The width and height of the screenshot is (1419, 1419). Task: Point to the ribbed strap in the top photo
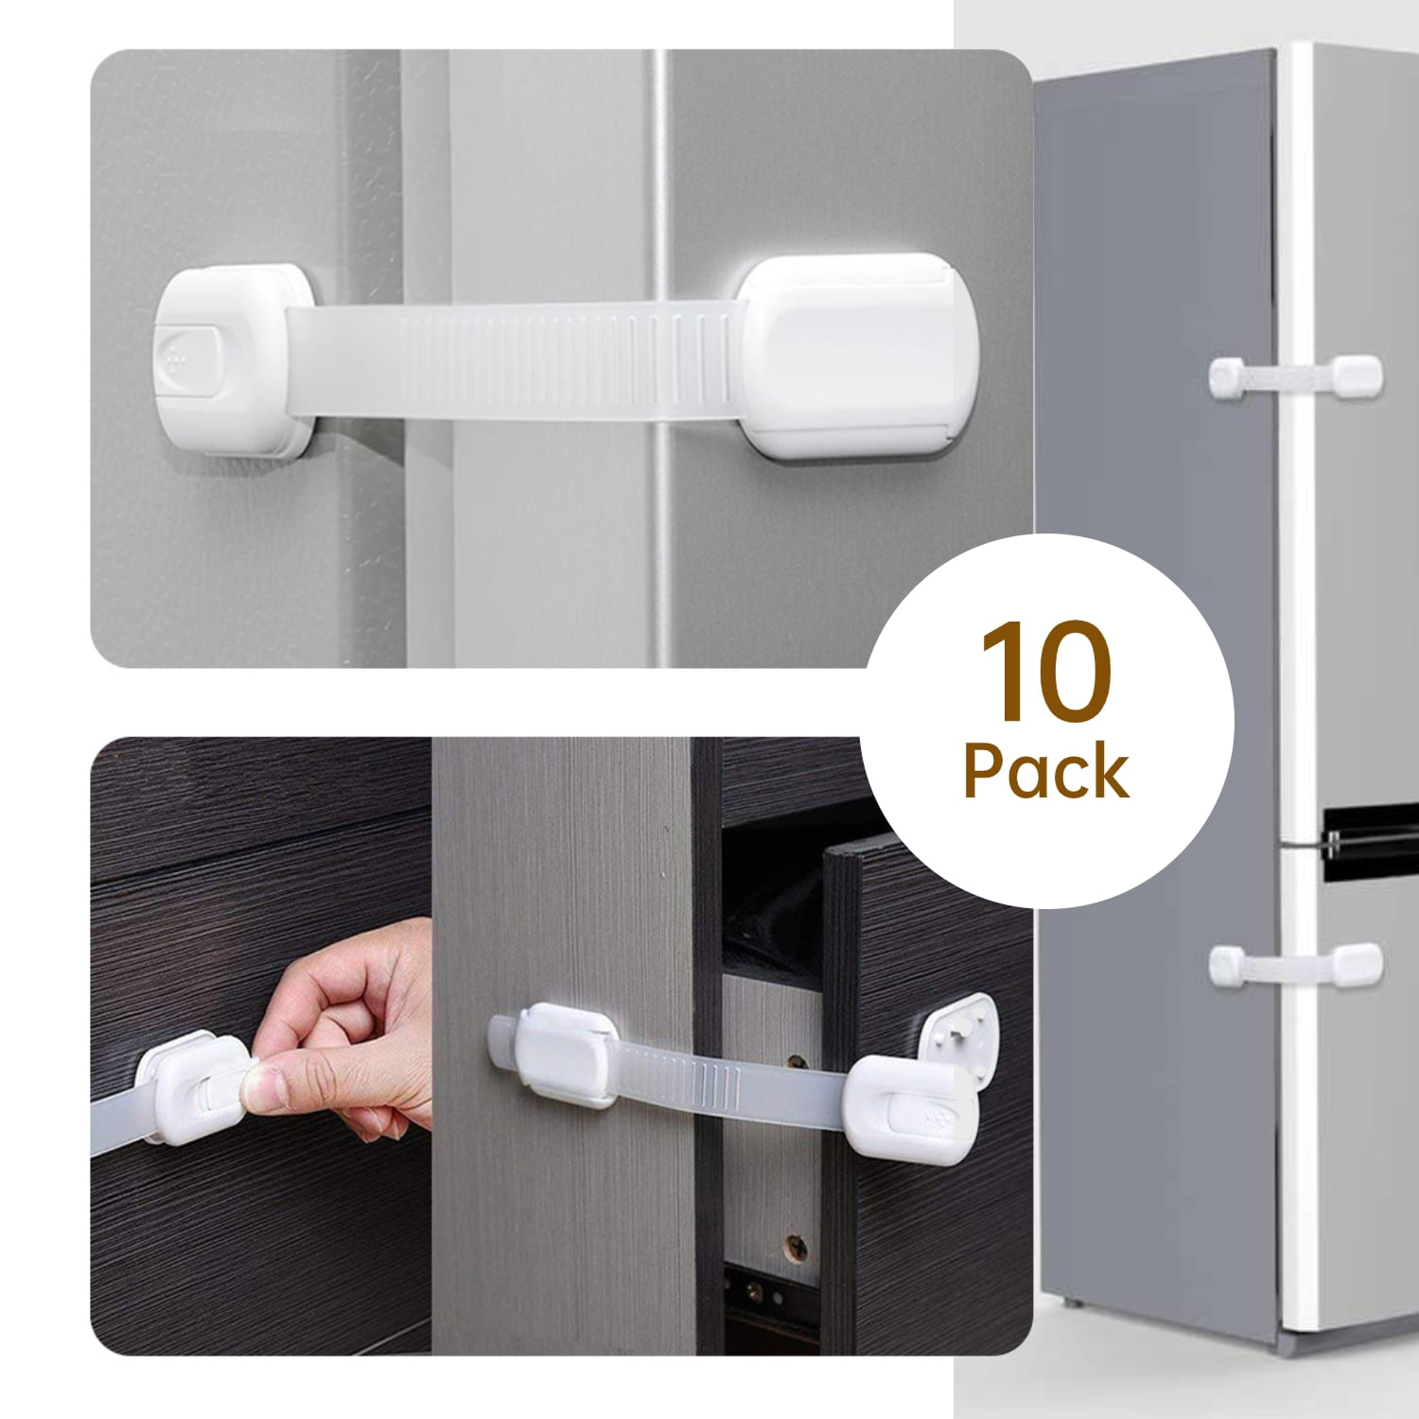coord(519,360)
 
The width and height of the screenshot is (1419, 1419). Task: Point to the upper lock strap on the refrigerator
coord(1296,379)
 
